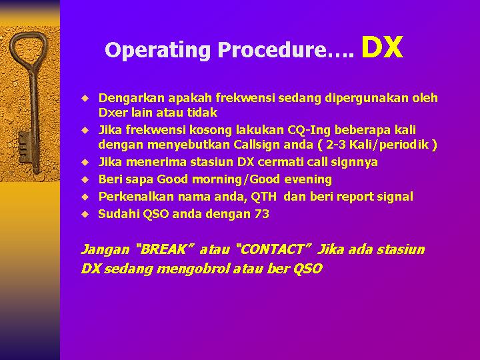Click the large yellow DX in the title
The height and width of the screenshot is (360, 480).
[x=382, y=47]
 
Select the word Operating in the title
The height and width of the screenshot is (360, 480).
[x=157, y=50]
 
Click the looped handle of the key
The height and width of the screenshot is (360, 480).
[x=29, y=49]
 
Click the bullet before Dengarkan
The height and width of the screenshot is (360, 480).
[x=85, y=98]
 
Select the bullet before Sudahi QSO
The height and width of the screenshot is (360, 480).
[x=85, y=214]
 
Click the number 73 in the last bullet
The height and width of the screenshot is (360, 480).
[x=262, y=214]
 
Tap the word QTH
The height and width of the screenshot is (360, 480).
[x=263, y=196]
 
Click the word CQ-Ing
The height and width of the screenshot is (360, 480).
[x=309, y=130]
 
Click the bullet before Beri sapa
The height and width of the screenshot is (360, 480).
[x=85, y=180]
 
